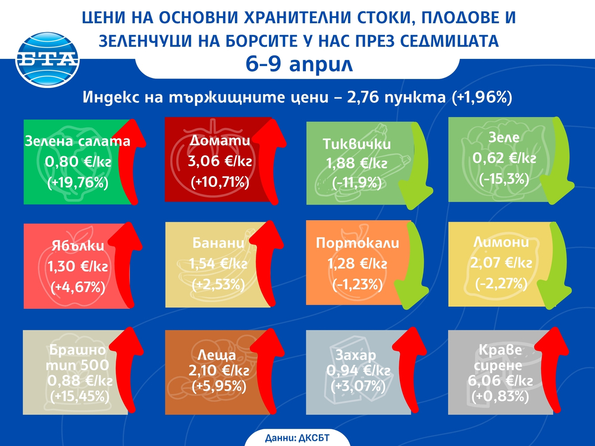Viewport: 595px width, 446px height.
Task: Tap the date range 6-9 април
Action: pyautogui.click(x=298, y=64)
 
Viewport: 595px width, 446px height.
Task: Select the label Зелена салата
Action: pyautogui.click(x=77, y=142)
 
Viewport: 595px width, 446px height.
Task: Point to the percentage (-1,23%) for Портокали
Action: pyautogui.click(x=357, y=284)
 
